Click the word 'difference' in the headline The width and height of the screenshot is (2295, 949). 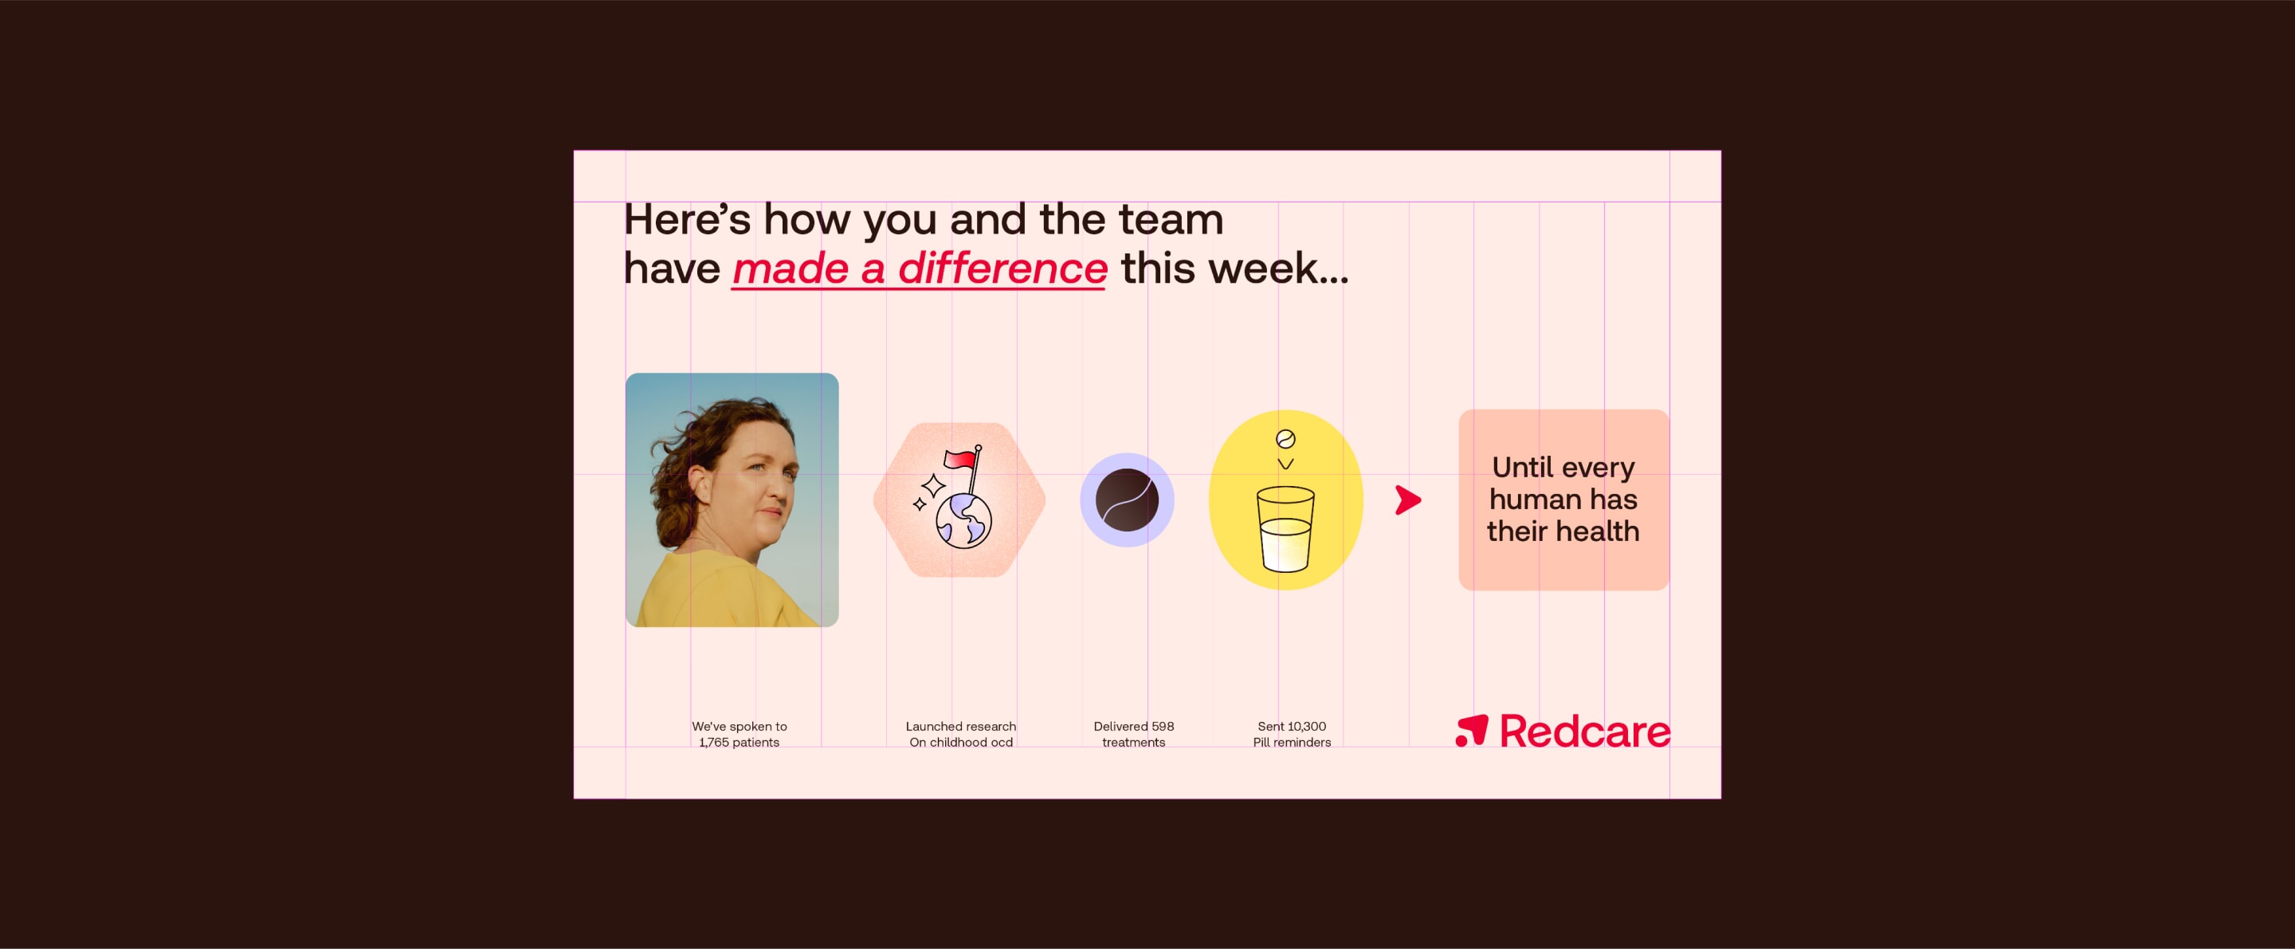click(x=1002, y=269)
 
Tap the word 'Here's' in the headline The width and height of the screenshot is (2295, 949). click(x=687, y=219)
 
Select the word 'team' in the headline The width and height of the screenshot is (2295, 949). click(x=1171, y=219)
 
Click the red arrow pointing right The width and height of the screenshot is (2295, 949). click(x=1407, y=500)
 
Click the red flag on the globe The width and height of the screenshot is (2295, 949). click(x=959, y=459)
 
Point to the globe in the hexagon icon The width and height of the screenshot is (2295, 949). click(x=964, y=520)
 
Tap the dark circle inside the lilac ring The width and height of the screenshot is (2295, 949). click(x=1127, y=500)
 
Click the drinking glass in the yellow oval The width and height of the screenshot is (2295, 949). click(x=1285, y=528)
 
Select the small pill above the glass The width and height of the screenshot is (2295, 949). click(x=1285, y=438)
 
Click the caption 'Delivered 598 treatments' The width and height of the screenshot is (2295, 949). click(x=1133, y=734)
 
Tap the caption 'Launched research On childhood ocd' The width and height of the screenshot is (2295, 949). click(x=960, y=734)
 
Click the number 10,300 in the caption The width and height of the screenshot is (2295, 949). click(x=1305, y=726)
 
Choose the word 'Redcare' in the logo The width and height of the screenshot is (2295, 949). click(x=1585, y=731)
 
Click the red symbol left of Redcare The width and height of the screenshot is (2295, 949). click(x=1472, y=731)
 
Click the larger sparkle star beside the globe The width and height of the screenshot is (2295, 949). click(x=933, y=485)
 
